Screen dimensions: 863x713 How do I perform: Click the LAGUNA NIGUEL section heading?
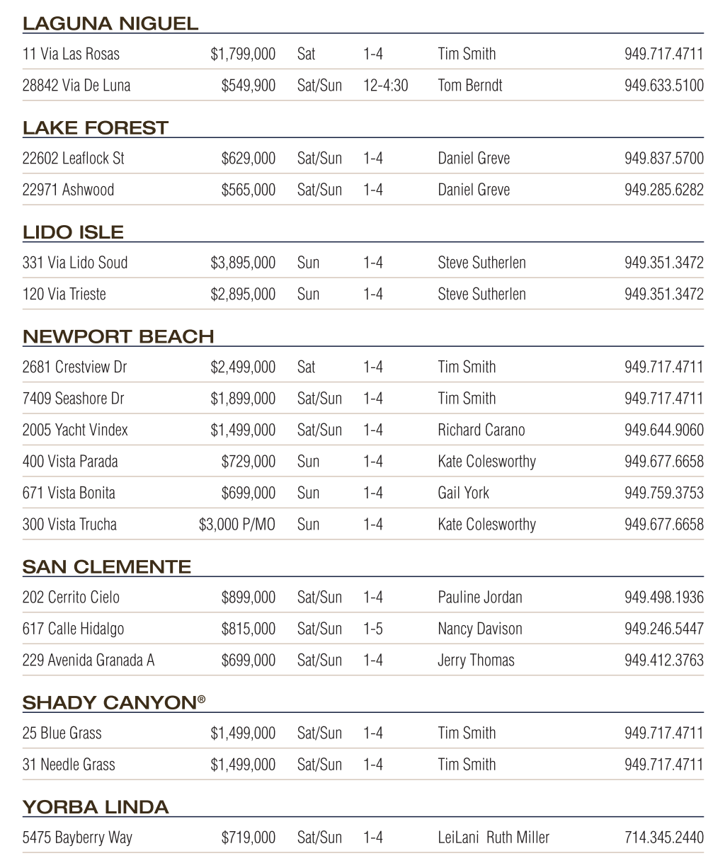110,23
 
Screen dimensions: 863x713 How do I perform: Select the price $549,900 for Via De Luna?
248,86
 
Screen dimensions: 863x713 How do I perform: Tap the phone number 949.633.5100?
663,86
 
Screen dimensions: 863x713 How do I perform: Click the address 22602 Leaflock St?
73,159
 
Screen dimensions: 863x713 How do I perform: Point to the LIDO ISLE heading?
73,232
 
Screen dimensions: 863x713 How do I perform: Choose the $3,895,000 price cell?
243,263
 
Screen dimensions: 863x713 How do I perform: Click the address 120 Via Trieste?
64,294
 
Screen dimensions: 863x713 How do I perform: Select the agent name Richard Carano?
481,430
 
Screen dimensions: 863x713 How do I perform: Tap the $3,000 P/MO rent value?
236,525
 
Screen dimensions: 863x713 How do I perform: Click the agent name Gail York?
463,493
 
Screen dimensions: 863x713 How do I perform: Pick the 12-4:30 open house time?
385,86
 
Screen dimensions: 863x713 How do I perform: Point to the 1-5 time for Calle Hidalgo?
372,629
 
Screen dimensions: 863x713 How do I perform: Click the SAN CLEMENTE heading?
107,567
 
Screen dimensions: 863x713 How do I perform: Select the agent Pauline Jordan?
479,598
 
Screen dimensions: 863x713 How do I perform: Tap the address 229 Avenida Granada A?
89,660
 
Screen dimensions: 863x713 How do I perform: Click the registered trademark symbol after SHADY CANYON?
202,699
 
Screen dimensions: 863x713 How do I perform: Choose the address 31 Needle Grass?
69,765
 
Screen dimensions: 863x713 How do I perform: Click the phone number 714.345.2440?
663,838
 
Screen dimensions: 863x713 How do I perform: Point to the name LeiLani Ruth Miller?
493,838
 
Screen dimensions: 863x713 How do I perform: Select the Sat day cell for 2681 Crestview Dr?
306,367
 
